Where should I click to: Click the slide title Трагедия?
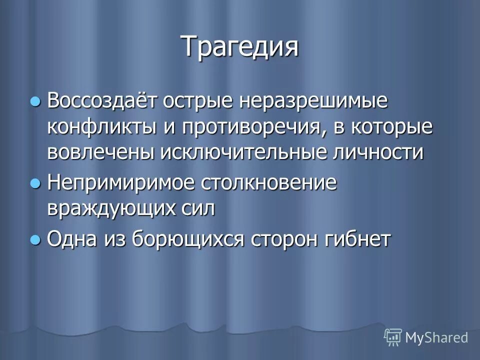(x=239, y=47)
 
